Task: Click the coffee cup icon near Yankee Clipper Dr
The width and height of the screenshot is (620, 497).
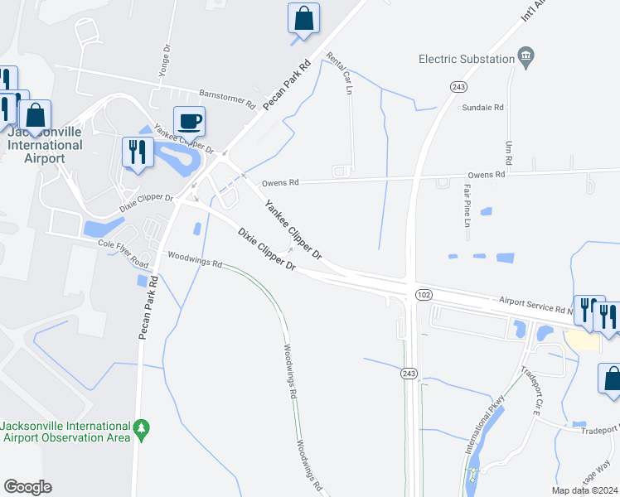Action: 189,122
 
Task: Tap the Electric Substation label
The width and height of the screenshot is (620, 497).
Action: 467,59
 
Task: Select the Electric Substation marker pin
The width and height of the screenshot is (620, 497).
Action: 526,57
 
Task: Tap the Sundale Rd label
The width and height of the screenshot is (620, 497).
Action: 483,108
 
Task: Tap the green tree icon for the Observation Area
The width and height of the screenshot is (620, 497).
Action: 142,427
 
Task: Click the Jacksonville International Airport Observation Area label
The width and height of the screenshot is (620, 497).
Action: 65,432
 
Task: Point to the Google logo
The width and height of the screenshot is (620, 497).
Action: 27,487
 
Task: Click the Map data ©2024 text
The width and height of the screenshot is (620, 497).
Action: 585,490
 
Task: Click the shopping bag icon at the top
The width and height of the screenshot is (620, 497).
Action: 304,18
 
